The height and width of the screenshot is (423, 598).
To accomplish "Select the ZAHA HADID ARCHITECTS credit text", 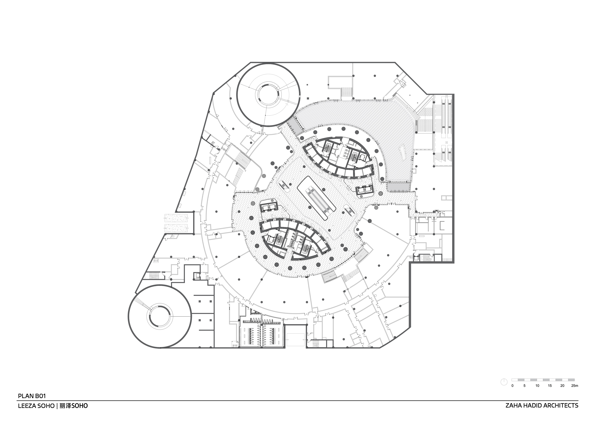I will coord(544,405).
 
